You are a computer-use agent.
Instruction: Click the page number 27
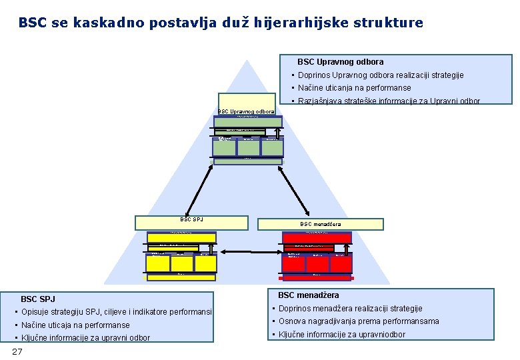[x=17, y=351]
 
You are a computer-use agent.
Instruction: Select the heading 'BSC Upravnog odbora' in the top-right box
[x=340, y=61]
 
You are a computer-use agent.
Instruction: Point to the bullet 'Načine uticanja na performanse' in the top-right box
[x=354, y=88]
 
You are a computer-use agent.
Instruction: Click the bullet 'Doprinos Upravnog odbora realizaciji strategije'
[x=381, y=75]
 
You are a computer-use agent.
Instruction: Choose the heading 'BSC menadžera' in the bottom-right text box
[x=308, y=295]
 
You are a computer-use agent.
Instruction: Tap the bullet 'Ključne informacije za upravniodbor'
[x=341, y=334]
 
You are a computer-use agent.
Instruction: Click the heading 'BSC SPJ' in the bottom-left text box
[x=38, y=299]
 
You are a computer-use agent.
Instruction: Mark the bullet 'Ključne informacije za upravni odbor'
[x=85, y=337]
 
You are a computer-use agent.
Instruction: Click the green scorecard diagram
[x=247, y=138]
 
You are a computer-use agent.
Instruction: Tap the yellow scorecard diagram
[x=182, y=253]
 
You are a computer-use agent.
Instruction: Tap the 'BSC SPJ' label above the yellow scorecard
[x=192, y=219]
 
